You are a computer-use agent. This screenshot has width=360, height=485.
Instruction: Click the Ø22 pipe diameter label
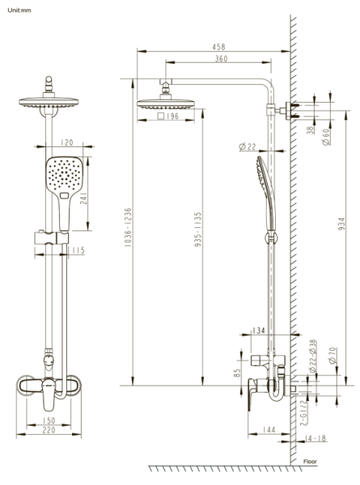pos(248,146)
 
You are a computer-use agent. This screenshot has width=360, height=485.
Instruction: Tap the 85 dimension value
pos(235,373)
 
